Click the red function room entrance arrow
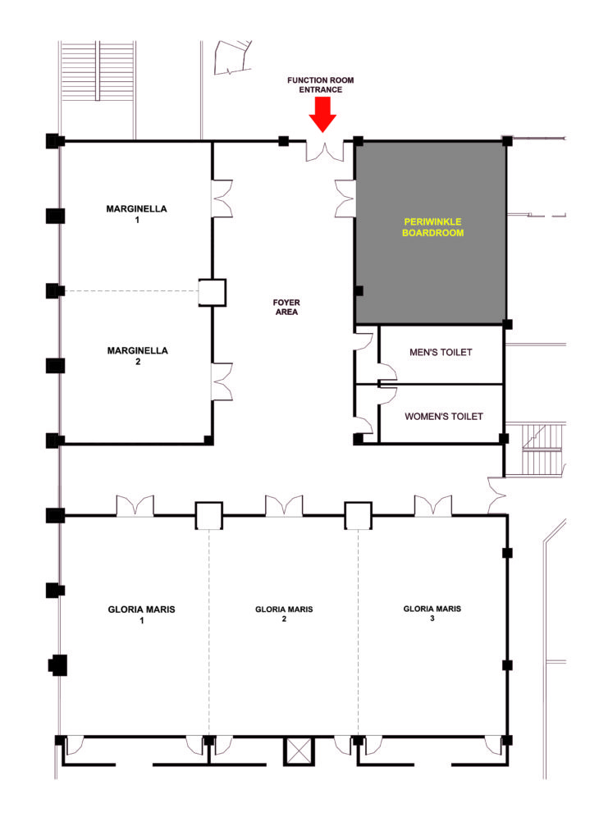click(322, 114)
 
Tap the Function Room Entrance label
click(320, 84)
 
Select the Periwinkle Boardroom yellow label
click(433, 227)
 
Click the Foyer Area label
click(286, 307)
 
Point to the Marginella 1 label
click(137, 214)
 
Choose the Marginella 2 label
click(138, 356)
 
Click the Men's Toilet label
click(441, 353)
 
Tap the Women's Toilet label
click(444, 416)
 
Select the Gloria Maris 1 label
click(141, 614)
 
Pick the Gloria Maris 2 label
click(284, 614)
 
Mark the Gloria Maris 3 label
click(432, 613)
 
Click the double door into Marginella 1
click(222, 199)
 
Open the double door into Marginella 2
click(222, 381)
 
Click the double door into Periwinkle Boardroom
click(345, 199)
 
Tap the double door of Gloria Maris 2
click(284, 505)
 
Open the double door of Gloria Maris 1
click(135, 505)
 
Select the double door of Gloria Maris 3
click(433, 505)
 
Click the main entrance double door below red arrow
click(325, 151)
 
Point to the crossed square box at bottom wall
click(299, 751)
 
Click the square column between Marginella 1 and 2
click(213, 293)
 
